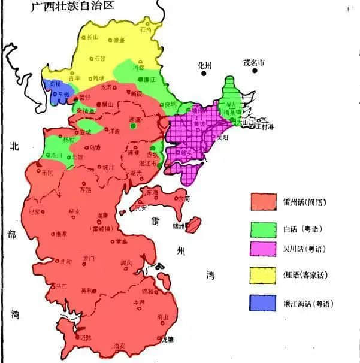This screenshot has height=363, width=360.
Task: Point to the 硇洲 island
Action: (x=193, y=225)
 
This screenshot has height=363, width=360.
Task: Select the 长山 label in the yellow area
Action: (x=92, y=37)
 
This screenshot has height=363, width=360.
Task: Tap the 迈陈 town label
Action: (x=85, y=338)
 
